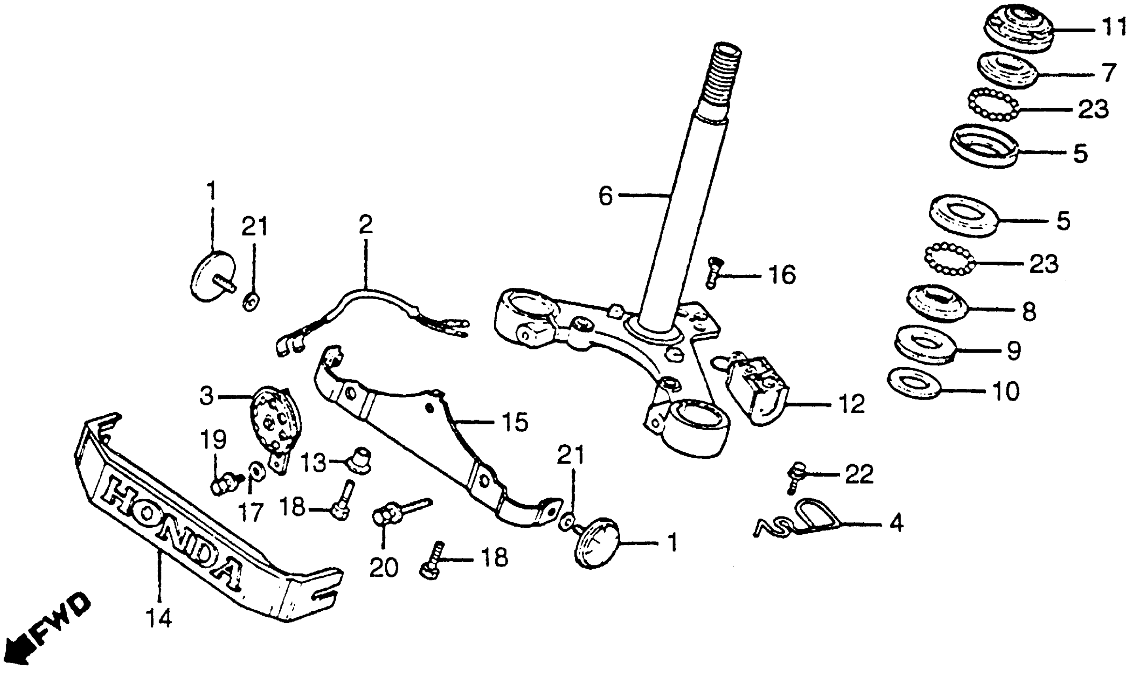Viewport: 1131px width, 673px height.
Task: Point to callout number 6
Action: click(x=605, y=196)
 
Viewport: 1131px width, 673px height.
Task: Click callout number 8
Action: click(x=1029, y=312)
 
